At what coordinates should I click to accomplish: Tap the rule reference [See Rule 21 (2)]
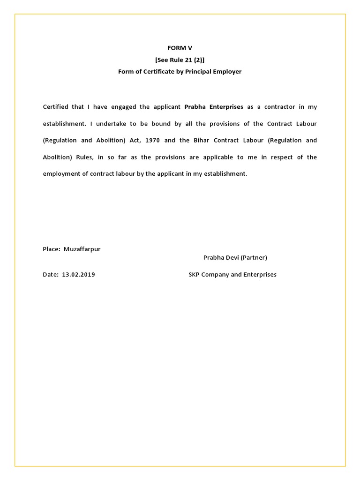pos(180,60)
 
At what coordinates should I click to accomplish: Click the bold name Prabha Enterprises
pos(214,107)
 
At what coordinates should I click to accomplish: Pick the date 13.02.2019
pos(78,275)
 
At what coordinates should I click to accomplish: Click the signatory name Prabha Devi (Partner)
pos(235,257)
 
